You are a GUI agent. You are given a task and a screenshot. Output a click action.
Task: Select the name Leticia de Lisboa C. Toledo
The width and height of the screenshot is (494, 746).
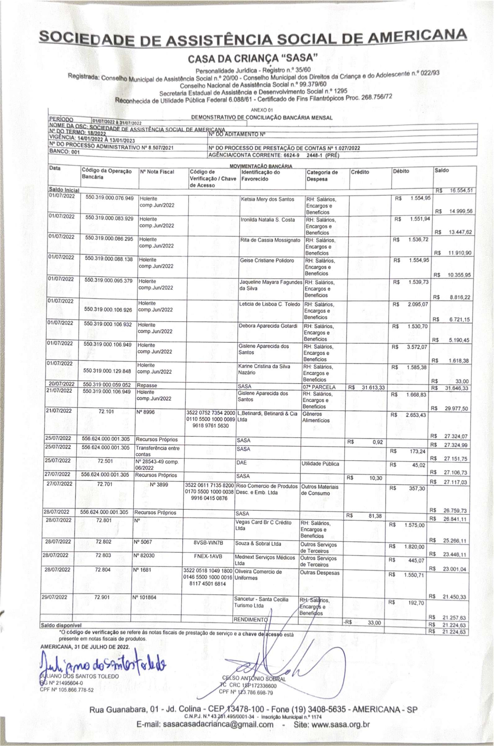[x=270, y=304]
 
